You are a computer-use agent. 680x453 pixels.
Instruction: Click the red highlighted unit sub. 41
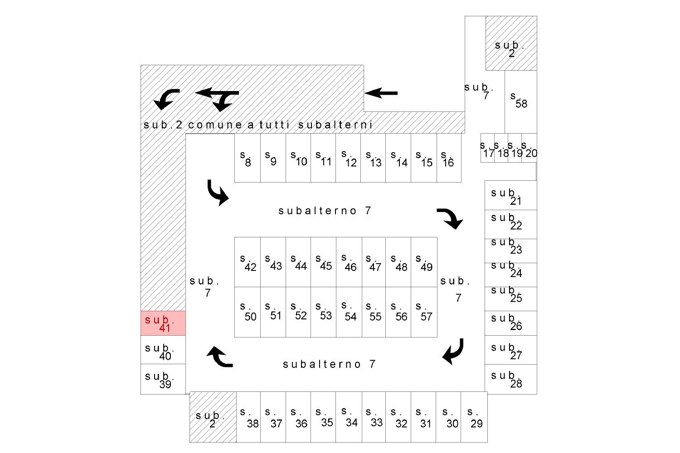point(163,323)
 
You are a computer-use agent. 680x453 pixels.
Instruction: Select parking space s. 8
point(248,158)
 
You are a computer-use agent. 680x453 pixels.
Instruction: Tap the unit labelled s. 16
point(449,158)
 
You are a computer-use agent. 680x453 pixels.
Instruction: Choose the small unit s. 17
point(487,148)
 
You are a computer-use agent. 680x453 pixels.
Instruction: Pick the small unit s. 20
point(529,148)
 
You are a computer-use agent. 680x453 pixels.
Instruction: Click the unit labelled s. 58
point(521,102)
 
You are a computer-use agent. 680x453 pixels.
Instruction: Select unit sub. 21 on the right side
point(511,195)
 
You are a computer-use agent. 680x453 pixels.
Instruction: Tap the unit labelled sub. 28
point(511,379)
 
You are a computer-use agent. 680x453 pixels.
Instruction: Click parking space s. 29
point(474,417)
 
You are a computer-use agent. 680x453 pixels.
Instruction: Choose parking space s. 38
point(248,417)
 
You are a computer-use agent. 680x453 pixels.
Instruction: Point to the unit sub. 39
point(163,379)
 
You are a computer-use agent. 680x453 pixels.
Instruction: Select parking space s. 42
point(248,262)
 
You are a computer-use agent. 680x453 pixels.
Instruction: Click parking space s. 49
point(424,262)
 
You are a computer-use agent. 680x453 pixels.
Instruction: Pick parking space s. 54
point(349,312)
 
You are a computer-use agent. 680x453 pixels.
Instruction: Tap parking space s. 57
point(424,312)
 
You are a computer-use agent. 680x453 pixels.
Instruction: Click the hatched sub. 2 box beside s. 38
point(213,417)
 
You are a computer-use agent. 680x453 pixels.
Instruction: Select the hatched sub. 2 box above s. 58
point(511,43)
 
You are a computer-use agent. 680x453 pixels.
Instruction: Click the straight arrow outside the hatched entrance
point(381,93)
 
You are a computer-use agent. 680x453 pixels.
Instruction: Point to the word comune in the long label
point(215,125)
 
